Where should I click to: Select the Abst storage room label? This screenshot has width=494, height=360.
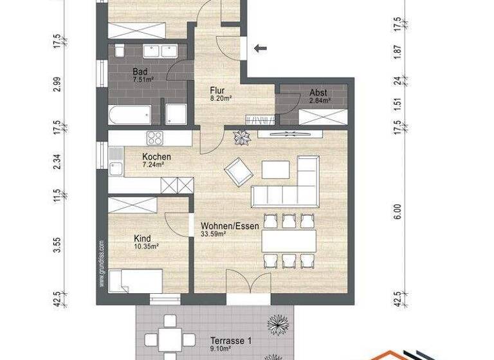(318, 93)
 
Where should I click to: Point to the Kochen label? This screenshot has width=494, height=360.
(156, 157)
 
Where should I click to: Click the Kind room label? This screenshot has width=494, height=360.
(142, 238)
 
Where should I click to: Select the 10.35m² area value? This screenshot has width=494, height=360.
(146, 246)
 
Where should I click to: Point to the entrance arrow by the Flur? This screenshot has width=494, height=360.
(261, 48)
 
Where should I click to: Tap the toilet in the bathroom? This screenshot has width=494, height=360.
(120, 51)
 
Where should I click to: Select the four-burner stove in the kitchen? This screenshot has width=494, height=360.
(155, 138)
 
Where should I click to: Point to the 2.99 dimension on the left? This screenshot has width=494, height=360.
(57, 84)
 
